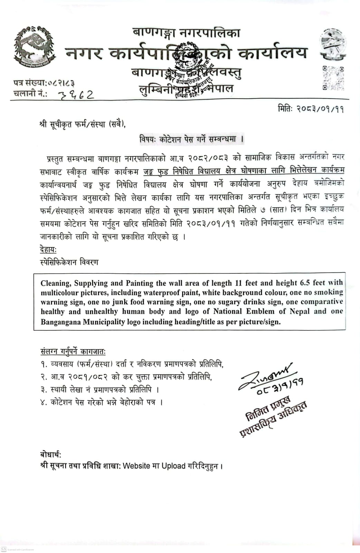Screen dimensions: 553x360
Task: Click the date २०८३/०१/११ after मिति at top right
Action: (x=320, y=109)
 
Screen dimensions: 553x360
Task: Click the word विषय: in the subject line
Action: (x=148, y=139)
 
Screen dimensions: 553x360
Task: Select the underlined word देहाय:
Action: (x=48, y=250)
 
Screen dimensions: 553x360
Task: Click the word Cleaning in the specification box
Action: (x=55, y=283)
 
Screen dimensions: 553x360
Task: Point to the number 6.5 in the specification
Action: (x=305, y=283)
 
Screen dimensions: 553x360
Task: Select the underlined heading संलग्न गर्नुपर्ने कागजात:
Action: (x=73, y=352)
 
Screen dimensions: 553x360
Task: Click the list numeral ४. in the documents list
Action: (x=44, y=403)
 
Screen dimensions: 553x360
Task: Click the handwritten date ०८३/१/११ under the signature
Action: (x=280, y=386)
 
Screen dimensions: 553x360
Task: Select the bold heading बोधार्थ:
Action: (x=51, y=455)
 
